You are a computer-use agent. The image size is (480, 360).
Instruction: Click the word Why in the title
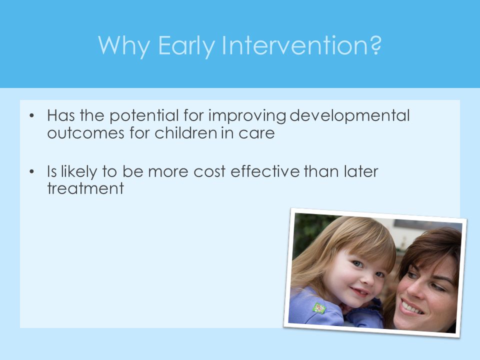pyautogui.click(x=124, y=46)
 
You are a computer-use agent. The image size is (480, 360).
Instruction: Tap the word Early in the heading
pyautogui.click(x=186, y=46)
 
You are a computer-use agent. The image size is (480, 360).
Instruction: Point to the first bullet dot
pyautogui.click(x=32, y=116)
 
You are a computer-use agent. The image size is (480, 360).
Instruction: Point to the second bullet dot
pyautogui.click(x=32, y=172)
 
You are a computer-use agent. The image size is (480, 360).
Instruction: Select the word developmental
pyautogui.click(x=349, y=116)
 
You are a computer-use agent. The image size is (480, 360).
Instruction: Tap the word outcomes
pyautogui.click(x=85, y=133)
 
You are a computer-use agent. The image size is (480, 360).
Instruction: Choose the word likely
pyautogui.click(x=79, y=172)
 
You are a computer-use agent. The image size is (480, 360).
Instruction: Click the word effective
pyautogui.click(x=265, y=171)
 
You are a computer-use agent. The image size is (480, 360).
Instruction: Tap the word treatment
pyautogui.click(x=85, y=188)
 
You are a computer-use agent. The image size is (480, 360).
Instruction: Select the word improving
pyautogui.click(x=247, y=116)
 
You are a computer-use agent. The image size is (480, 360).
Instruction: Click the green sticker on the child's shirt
pyautogui.click(x=319, y=307)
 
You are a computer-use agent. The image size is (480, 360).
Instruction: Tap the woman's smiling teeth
pyautogui.click(x=412, y=307)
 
